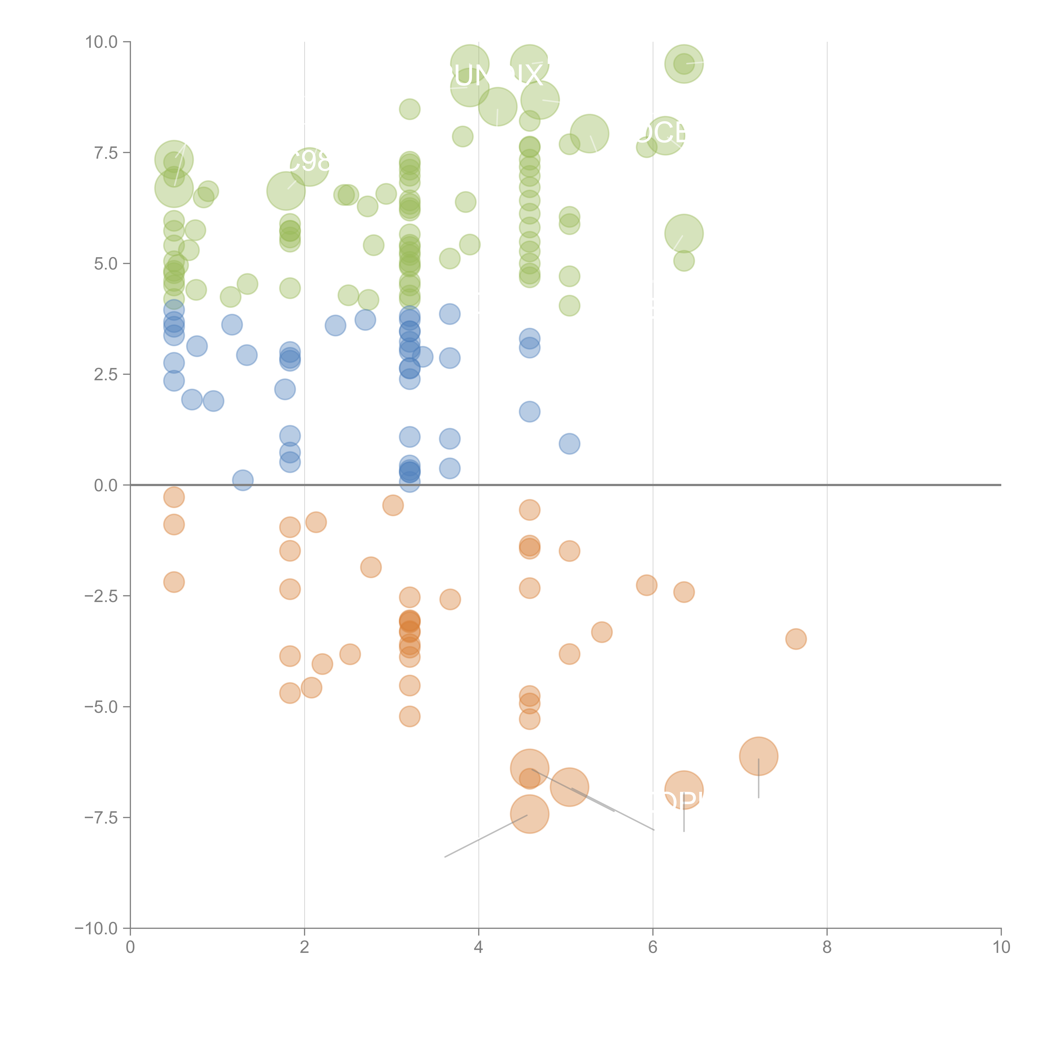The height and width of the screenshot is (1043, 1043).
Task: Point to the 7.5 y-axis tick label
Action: (106, 153)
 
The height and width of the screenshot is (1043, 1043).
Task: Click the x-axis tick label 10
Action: (1001, 947)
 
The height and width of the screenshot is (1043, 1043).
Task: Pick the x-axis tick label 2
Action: (305, 947)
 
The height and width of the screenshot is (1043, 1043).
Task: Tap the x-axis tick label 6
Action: (653, 947)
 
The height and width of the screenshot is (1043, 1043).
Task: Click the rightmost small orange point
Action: (796, 639)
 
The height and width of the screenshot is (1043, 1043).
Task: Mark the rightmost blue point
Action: (569, 444)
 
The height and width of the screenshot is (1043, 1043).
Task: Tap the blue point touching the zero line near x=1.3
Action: (243, 480)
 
